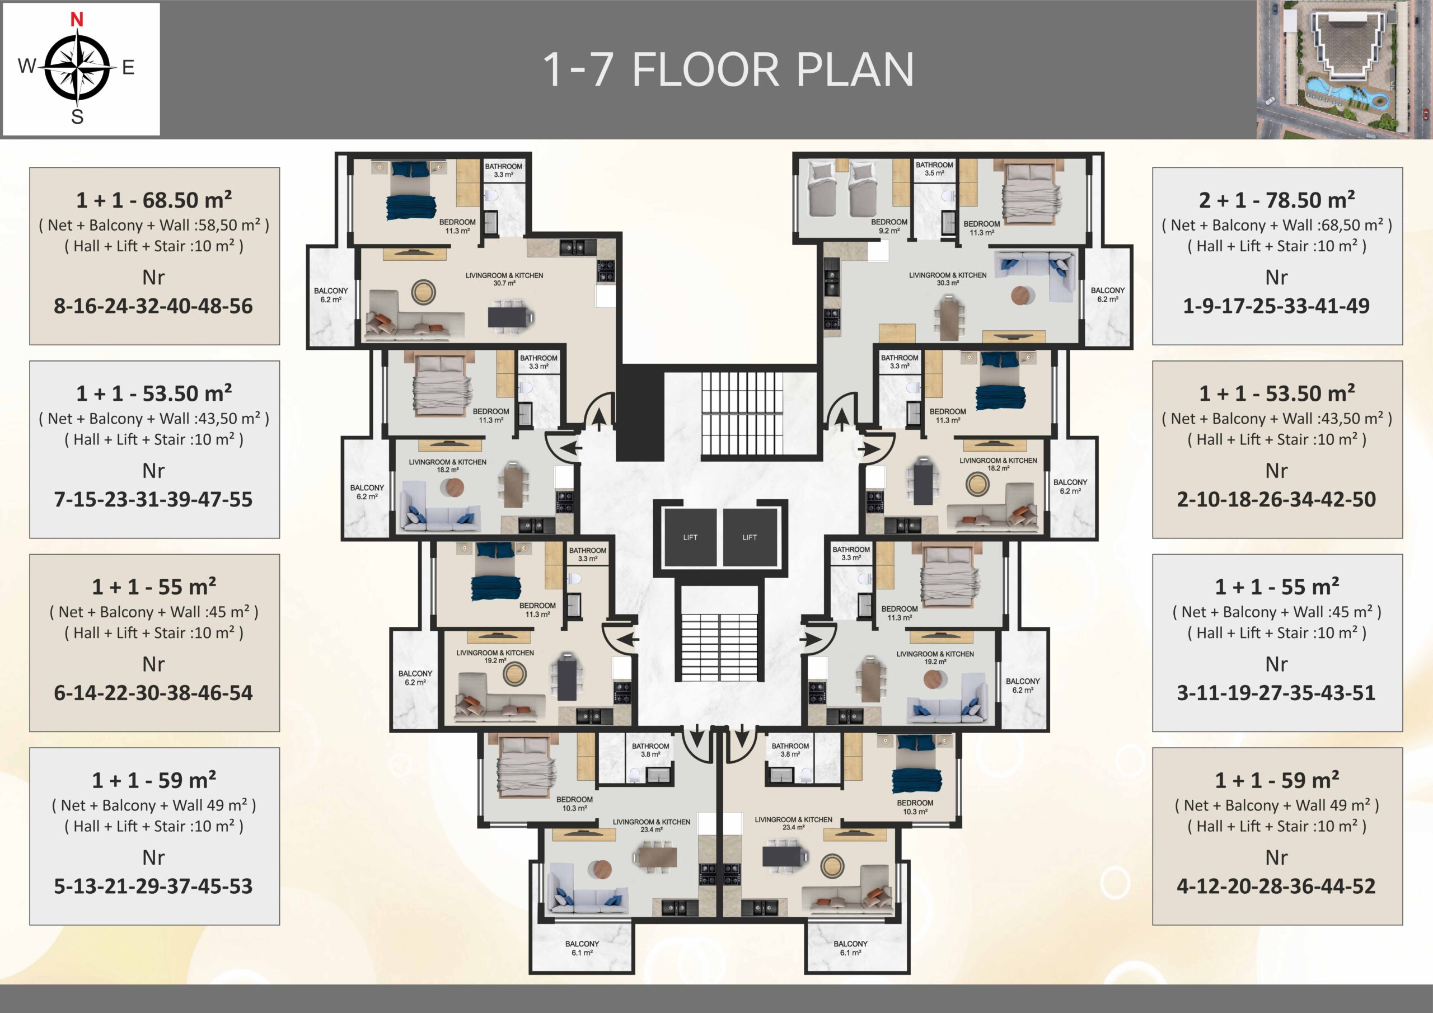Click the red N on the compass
pos(77,20)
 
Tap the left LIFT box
pos(690,537)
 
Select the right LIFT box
pos(750,537)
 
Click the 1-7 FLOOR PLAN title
pos(728,69)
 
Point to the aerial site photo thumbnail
pos(1344,69)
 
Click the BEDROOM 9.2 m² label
pos(889,227)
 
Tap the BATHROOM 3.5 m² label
pos(934,169)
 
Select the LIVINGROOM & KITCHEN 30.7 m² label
pos(504,279)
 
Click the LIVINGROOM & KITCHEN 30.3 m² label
pos(948,279)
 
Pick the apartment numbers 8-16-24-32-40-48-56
pos(153,306)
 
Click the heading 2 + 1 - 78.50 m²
pos(1277,200)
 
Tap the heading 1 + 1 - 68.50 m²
pos(154,200)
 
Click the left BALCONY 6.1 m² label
pos(582,948)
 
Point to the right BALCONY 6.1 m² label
pos(850,948)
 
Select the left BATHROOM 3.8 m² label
pos(650,750)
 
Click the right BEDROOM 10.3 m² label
pos(915,807)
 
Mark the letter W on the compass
pos(27,65)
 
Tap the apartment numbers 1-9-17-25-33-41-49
pos(1276,306)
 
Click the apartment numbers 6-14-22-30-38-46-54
pos(153,693)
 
